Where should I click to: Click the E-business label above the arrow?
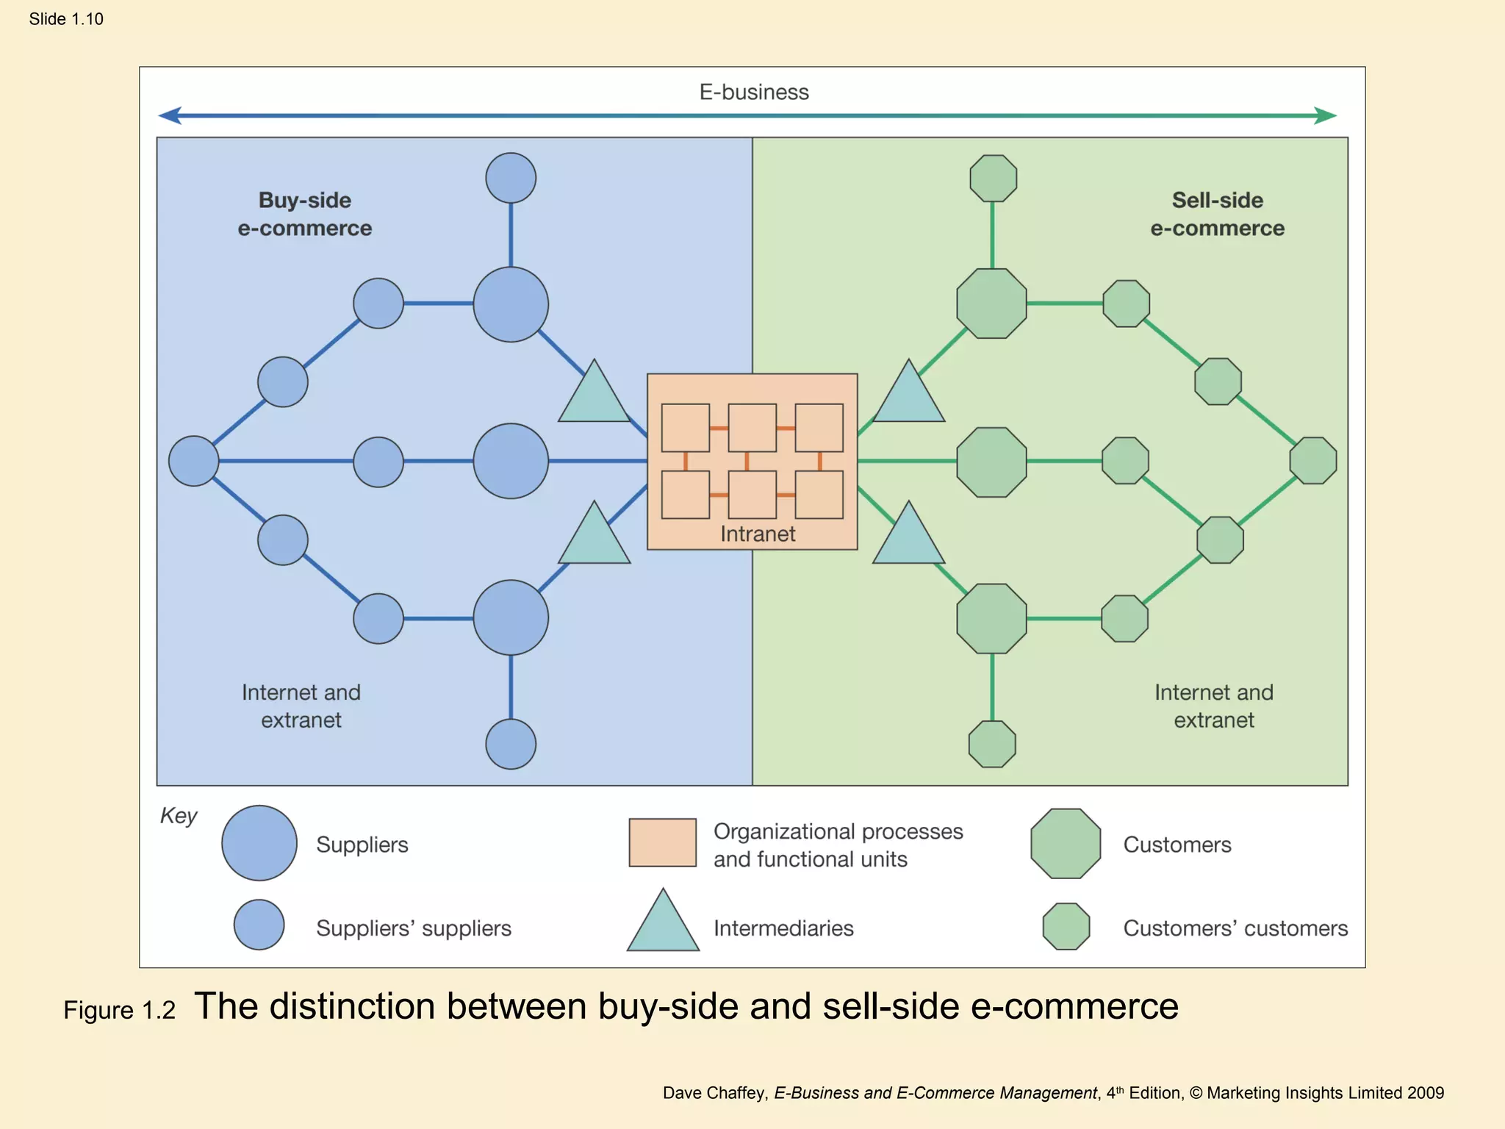pyautogui.click(x=753, y=92)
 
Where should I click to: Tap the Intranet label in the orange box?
pyautogui.click(x=757, y=534)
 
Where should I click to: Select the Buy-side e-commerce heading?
pyautogui.click(x=304, y=214)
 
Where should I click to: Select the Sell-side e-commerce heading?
pyautogui.click(x=1217, y=214)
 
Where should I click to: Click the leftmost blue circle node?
pyautogui.click(x=193, y=461)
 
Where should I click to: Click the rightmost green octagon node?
pyautogui.click(x=1313, y=461)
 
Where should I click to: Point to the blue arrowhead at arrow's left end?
pyautogui.click(x=170, y=115)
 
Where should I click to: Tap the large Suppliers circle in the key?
pyautogui.click(x=259, y=843)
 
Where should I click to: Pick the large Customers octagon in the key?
pyautogui.click(x=1066, y=844)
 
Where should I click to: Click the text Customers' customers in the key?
pyautogui.click(x=1235, y=928)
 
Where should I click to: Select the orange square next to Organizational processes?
pyautogui.click(x=662, y=842)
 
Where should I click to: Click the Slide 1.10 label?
pyautogui.click(x=66, y=19)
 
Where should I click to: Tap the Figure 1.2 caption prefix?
pyautogui.click(x=119, y=1011)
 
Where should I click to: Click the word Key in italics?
pyautogui.click(x=179, y=816)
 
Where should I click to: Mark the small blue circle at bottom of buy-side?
pyautogui.click(x=511, y=744)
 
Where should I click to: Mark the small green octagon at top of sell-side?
pyautogui.click(x=993, y=178)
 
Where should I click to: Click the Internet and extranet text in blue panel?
pyautogui.click(x=301, y=706)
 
